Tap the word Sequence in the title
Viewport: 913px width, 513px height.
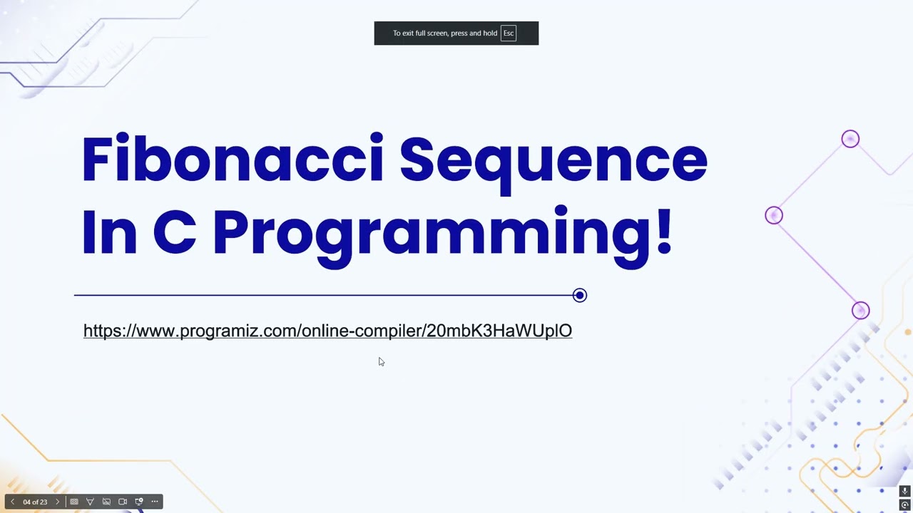point(553,160)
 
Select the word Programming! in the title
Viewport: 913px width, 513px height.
point(442,233)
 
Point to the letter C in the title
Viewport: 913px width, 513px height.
point(174,232)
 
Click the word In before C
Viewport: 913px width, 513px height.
point(108,232)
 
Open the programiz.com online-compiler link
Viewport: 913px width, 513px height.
point(327,331)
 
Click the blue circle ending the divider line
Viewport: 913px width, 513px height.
point(579,295)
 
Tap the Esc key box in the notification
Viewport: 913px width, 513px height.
point(508,33)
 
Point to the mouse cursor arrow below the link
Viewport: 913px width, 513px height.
point(381,361)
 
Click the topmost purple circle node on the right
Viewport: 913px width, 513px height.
point(850,139)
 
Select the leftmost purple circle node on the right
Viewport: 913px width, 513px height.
point(773,215)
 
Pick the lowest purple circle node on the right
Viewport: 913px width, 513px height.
point(860,311)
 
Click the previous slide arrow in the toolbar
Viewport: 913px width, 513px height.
point(12,502)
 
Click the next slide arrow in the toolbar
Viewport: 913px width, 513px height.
point(58,502)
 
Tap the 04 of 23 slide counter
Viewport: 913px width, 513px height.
point(35,502)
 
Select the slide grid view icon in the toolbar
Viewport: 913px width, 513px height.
point(74,502)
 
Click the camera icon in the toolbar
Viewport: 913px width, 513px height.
point(123,502)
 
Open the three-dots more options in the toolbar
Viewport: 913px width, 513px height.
point(155,502)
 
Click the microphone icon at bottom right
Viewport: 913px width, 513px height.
point(904,491)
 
